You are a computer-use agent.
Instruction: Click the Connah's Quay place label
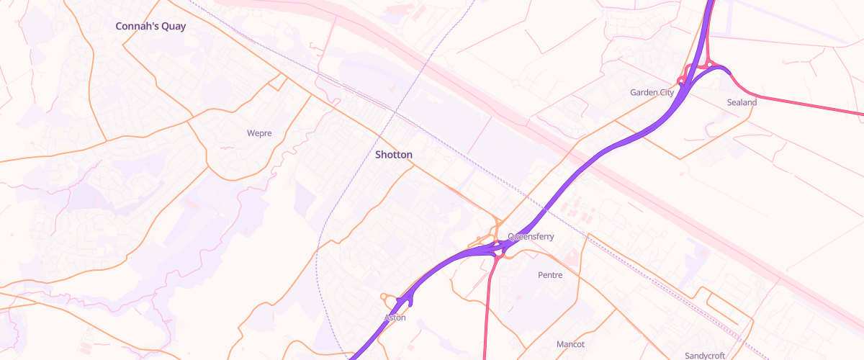point(150,27)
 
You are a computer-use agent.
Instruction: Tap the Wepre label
point(259,133)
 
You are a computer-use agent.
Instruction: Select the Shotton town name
point(394,155)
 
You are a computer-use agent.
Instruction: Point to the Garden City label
point(652,93)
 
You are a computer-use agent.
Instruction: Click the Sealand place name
point(742,103)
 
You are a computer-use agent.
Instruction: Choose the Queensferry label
point(531,236)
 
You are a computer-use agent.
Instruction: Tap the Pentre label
point(550,275)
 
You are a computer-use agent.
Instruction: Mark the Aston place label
point(395,318)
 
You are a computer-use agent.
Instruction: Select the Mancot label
point(570,345)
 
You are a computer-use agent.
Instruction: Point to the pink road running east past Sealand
point(806,105)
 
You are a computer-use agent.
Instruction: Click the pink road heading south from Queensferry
point(489,310)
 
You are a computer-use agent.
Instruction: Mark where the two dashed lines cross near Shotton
point(395,112)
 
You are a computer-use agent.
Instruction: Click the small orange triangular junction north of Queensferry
point(498,220)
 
